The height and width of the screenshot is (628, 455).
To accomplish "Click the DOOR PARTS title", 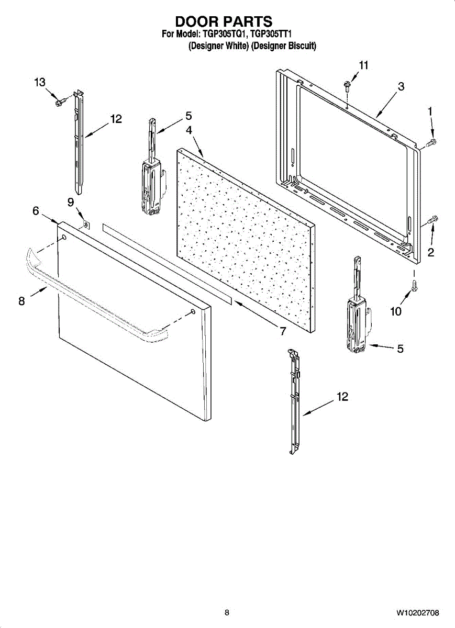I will tap(224, 21).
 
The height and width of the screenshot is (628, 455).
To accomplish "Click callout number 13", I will tap(40, 82).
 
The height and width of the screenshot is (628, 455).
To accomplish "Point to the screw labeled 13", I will tap(60, 100).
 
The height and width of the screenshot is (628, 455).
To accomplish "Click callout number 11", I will tap(363, 65).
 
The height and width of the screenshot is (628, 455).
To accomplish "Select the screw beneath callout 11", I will tap(347, 84).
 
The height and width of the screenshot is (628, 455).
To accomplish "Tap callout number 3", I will tap(401, 87).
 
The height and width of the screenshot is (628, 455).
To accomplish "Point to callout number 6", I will tap(36, 210).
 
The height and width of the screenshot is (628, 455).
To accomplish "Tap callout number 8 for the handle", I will tap(21, 301).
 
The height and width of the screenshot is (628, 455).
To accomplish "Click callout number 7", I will tap(282, 331).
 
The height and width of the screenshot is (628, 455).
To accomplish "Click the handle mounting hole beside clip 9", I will tap(64, 238).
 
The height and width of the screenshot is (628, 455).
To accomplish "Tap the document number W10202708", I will tap(417, 612).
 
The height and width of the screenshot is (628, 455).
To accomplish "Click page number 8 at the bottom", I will tap(227, 612).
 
